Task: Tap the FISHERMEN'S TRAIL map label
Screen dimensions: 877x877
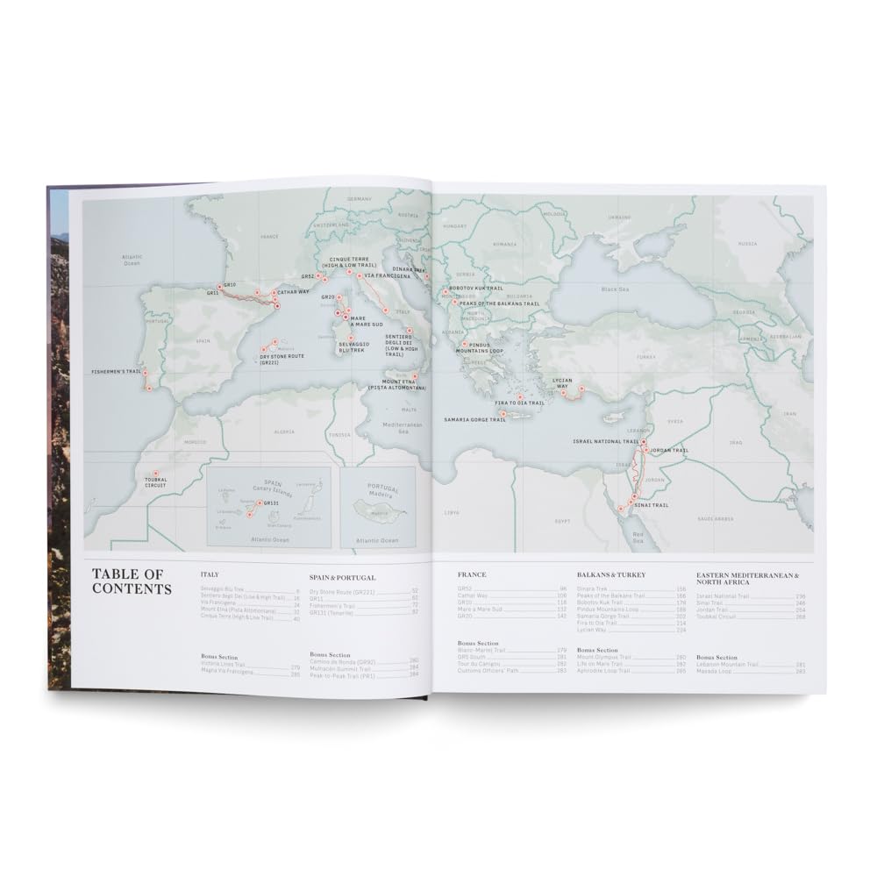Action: [x=116, y=372]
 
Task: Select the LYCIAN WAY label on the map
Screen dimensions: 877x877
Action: [x=561, y=382]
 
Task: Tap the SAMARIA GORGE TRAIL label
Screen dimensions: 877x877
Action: [x=475, y=420]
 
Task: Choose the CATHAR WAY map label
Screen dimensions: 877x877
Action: [x=292, y=292]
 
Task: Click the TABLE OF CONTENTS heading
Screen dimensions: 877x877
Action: [x=132, y=581]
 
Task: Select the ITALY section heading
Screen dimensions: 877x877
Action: [x=209, y=574]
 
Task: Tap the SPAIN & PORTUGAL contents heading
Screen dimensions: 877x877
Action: [x=343, y=578]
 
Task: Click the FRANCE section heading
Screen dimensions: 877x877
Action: [x=472, y=574]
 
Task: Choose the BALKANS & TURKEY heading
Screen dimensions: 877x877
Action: [x=611, y=574]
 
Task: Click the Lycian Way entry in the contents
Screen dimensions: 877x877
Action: [x=592, y=630]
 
